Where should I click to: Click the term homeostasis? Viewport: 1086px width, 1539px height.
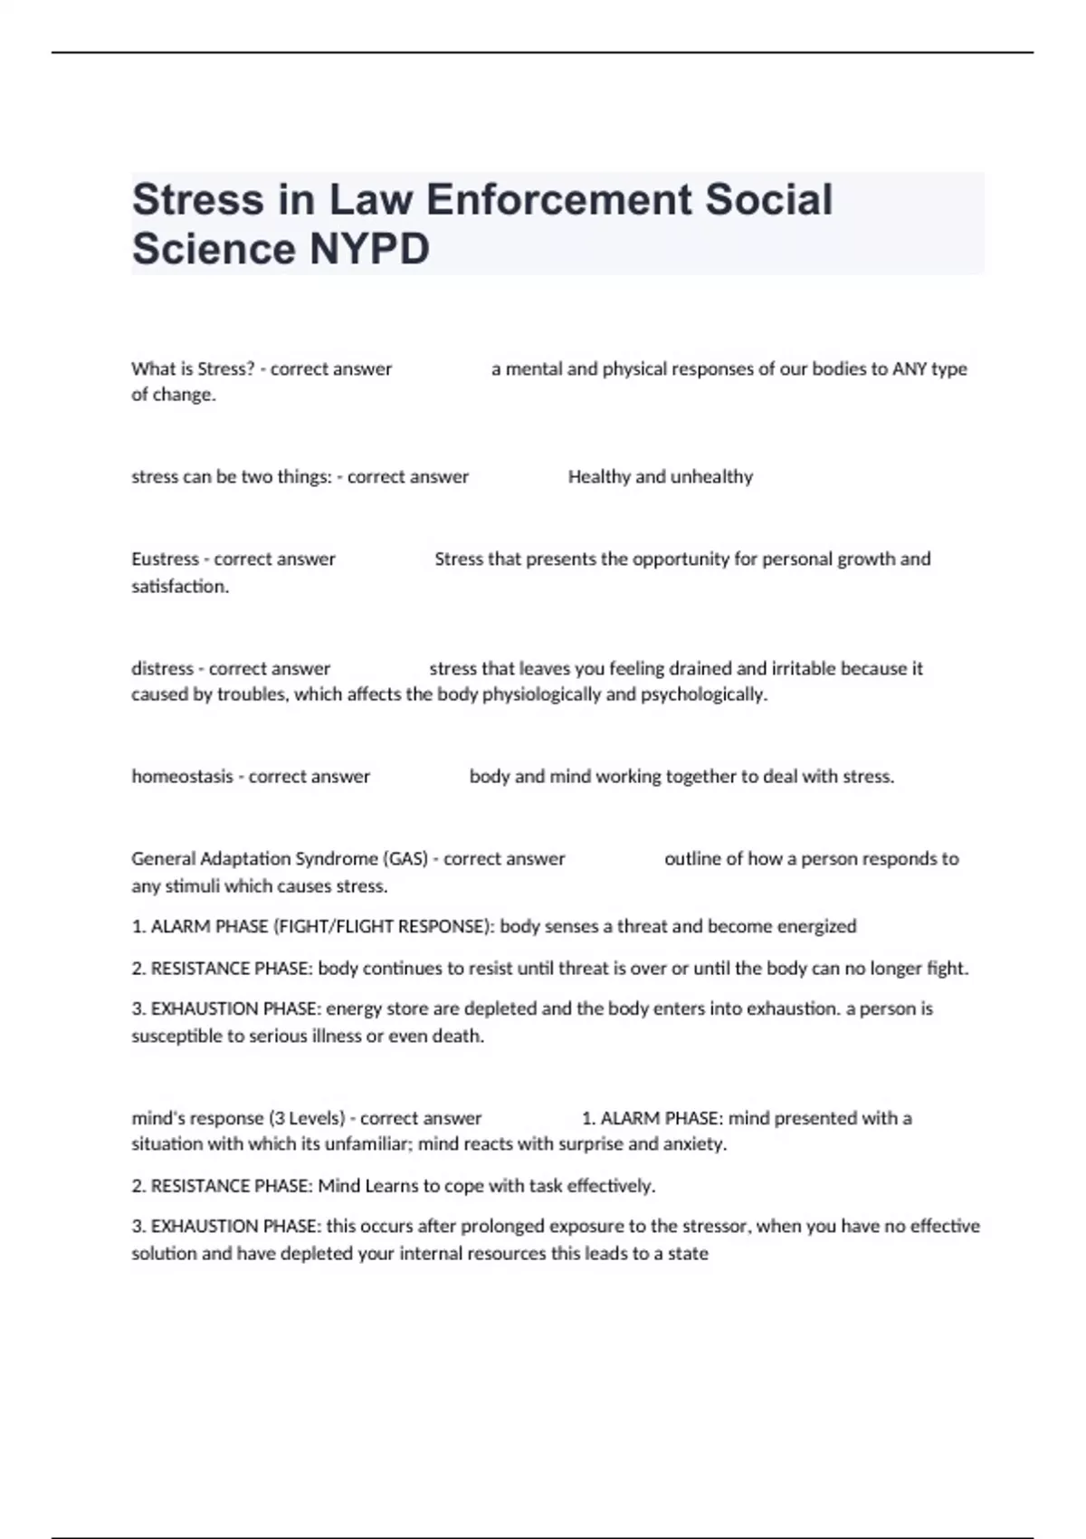click(182, 777)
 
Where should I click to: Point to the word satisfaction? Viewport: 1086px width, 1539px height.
click(180, 587)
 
